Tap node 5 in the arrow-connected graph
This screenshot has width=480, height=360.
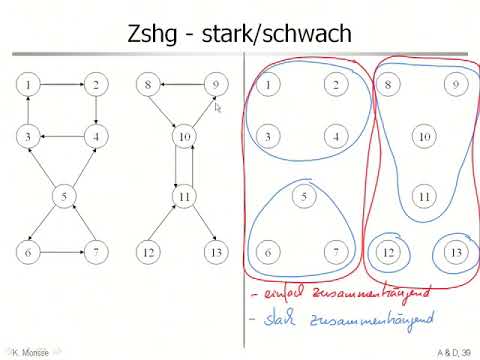tap(64, 196)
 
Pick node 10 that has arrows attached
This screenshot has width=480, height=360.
tap(184, 136)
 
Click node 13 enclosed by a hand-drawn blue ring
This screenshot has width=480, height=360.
tap(455, 252)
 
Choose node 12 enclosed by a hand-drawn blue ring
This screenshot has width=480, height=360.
tap(388, 252)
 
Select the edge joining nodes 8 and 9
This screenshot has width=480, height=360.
tap(184, 86)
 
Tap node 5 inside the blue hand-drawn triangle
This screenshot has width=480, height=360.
tap(304, 197)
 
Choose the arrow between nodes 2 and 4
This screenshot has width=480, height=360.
tap(97, 111)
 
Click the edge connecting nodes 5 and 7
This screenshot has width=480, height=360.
tap(81, 224)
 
